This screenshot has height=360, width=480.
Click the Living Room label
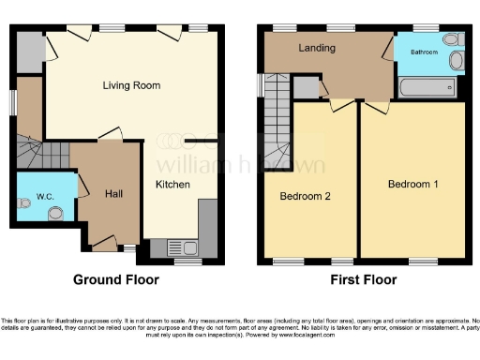tap(131, 85)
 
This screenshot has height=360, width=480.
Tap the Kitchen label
tap(172, 185)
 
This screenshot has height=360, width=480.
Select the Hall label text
tap(113, 193)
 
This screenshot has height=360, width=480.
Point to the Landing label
tap(317, 47)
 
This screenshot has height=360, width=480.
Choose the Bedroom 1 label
tap(413, 184)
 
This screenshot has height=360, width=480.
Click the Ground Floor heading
tap(117, 279)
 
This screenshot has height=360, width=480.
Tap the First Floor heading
tap(364, 279)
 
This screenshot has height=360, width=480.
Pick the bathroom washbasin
tap(457, 62)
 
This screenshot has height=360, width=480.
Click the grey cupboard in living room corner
tap(29, 46)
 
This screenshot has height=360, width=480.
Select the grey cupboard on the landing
tap(306, 88)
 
